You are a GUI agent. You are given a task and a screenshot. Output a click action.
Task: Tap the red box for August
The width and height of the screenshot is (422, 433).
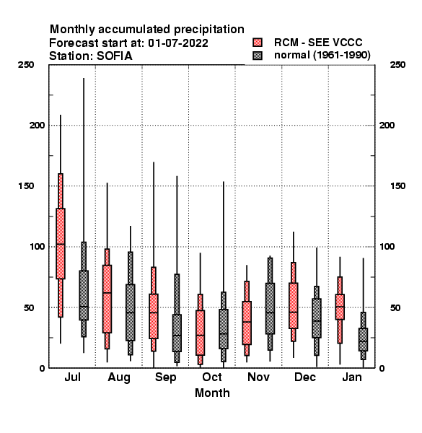click(107, 299)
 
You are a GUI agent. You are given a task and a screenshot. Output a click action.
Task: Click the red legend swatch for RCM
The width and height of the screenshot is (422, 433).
click(258, 43)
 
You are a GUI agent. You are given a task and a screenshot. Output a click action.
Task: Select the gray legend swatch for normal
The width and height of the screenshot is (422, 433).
click(258, 56)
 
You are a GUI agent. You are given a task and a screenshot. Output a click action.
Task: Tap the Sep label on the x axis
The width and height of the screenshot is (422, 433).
click(165, 377)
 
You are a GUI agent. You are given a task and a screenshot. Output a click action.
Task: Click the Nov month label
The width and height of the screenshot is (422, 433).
click(258, 377)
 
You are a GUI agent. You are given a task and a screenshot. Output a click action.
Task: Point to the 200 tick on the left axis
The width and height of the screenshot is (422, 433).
click(37, 126)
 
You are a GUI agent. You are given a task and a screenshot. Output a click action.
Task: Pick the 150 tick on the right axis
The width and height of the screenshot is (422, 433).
click(397, 186)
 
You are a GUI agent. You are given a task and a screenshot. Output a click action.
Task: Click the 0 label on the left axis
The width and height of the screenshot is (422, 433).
click(42, 368)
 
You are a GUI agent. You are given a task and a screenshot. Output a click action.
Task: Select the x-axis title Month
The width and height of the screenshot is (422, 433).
click(212, 393)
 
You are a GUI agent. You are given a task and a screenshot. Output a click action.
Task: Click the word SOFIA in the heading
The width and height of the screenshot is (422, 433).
click(115, 56)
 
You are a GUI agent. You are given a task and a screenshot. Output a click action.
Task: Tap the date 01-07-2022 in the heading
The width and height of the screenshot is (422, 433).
click(178, 43)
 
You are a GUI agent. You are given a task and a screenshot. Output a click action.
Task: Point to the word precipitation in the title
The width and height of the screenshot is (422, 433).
click(209, 30)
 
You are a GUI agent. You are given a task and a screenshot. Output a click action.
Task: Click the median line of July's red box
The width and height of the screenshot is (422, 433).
click(61, 244)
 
